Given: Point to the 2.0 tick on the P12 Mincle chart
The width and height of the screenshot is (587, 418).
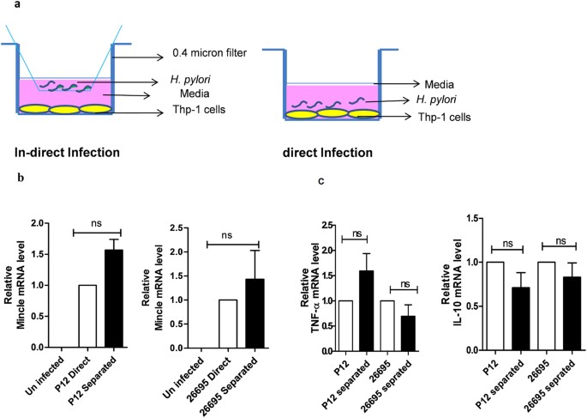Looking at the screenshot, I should tap(35, 223).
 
